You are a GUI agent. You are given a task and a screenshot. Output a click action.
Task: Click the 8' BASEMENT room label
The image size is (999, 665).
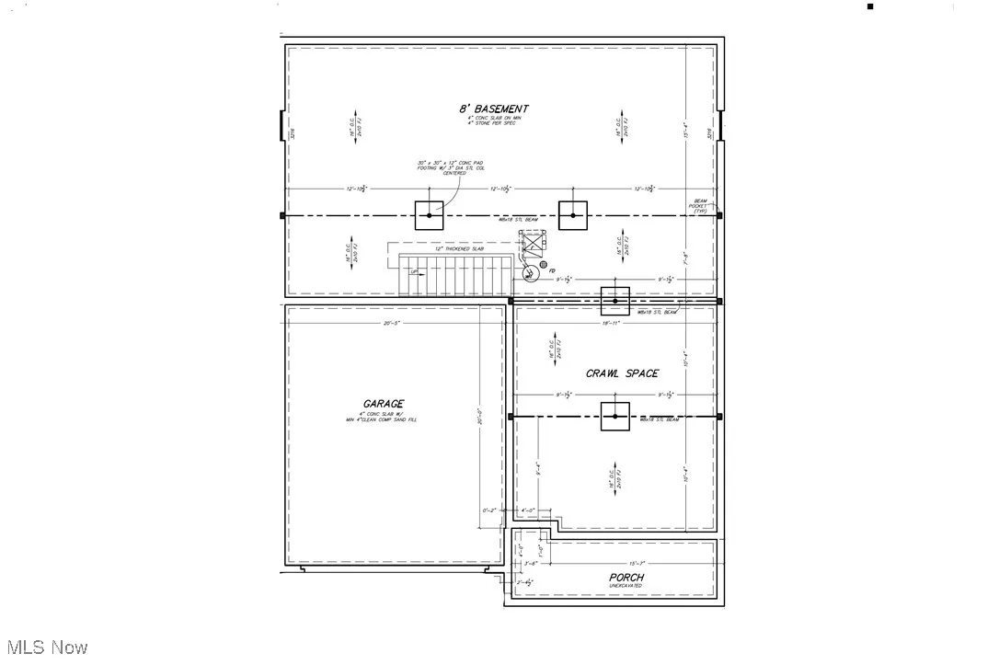click(x=494, y=109)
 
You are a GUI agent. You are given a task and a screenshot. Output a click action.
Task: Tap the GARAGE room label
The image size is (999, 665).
click(x=383, y=404)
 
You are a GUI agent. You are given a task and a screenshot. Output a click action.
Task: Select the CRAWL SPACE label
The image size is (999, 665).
click(x=622, y=373)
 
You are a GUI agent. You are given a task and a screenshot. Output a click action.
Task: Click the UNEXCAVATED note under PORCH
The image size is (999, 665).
click(x=625, y=586)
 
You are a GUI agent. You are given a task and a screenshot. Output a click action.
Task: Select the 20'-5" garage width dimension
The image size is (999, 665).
click(x=395, y=323)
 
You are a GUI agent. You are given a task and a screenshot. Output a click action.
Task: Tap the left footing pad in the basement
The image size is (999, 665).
click(x=429, y=215)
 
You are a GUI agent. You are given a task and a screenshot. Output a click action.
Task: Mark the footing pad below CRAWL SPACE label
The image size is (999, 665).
click(x=614, y=417)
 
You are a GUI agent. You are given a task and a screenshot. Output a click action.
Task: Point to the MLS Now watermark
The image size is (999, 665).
click(x=45, y=647)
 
